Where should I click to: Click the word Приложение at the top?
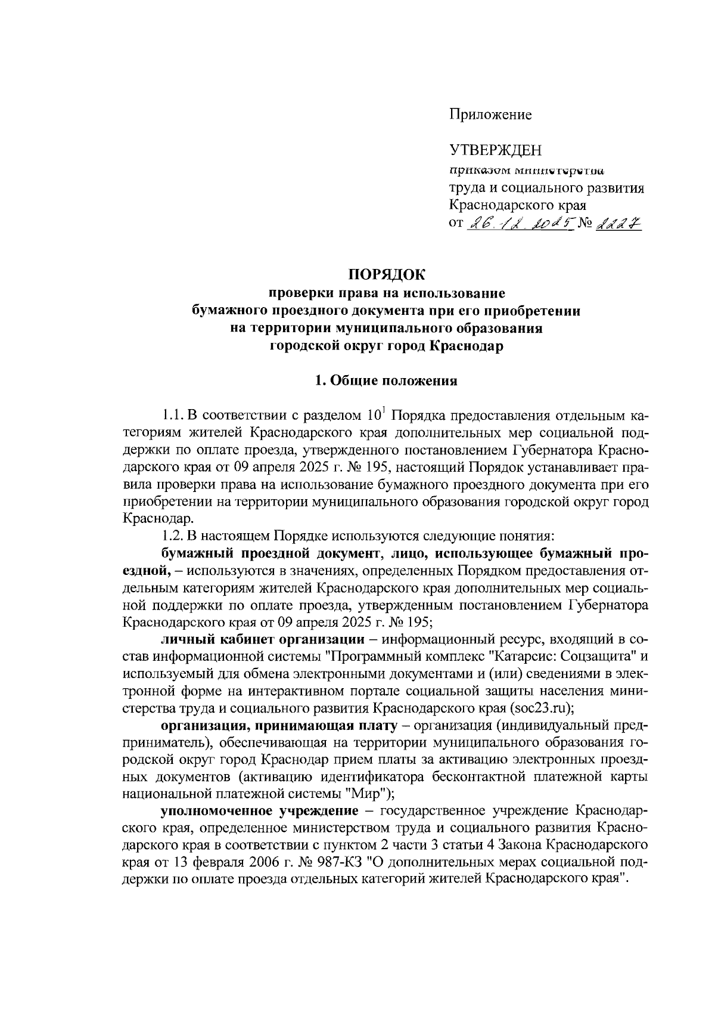(x=490, y=114)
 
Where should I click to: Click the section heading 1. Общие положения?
(x=386, y=381)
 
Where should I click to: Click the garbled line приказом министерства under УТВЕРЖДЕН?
(x=526, y=170)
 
